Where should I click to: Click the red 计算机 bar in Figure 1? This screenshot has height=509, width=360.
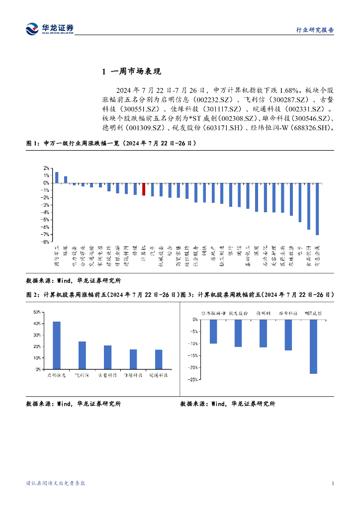[x=144, y=189]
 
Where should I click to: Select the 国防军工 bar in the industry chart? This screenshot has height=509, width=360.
[x=57, y=177]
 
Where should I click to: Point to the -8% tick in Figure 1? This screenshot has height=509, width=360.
[x=45, y=242]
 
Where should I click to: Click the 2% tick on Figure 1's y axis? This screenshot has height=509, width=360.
[x=46, y=168]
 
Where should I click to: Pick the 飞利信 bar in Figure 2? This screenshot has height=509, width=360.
[x=82, y=355]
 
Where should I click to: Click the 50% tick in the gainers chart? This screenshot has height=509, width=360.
[x=36, y=312]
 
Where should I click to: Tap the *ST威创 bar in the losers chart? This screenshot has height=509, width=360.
[x=313, y=346]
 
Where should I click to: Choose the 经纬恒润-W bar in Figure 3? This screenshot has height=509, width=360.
[x=213, y=332]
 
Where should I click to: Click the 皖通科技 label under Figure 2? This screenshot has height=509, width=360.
[x=159, y=375]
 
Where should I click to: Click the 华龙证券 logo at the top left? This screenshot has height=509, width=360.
[x=49, y=29]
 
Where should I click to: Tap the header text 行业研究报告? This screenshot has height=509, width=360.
[x=318, y=30]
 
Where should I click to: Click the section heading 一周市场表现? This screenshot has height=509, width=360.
[x=136, y=73]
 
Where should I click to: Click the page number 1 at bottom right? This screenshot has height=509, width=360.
[x=332, y=483]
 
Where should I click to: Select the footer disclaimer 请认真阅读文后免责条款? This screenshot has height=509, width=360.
[x=56, y=483]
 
